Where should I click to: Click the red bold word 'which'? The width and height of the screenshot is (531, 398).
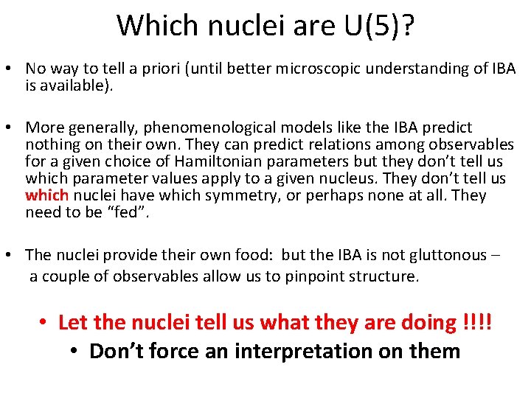[46, 196]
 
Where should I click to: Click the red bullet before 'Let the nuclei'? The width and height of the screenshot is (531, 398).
[44, 323]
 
